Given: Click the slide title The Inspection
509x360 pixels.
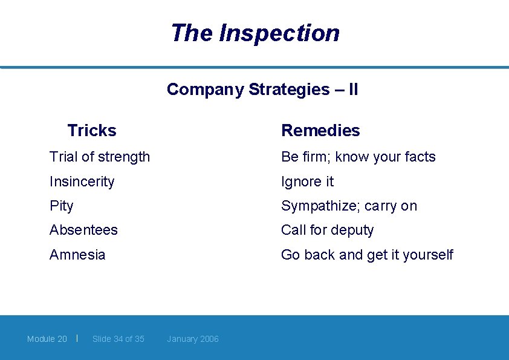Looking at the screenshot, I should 254,33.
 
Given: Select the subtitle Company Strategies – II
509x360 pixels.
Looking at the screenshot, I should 262,90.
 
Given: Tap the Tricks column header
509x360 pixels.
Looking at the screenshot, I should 92,130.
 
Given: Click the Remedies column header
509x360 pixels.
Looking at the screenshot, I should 320,130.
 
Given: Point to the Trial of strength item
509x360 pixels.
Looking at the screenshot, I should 100,157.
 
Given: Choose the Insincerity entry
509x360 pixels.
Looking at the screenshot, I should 82,182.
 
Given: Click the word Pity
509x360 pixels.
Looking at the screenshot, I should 61,206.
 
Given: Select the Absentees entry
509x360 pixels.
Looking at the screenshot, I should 83,230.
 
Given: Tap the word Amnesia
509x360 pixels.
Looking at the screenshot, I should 77,255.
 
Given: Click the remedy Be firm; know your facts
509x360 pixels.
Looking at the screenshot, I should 358,157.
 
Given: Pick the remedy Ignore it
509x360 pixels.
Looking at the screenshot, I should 307,182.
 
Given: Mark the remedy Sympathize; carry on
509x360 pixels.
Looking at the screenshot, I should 349,206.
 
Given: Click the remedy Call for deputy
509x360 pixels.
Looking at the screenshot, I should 327,230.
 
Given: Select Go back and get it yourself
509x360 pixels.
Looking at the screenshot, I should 367,255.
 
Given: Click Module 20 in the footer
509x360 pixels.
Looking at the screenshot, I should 47,339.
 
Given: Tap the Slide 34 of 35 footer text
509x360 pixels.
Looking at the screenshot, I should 118,339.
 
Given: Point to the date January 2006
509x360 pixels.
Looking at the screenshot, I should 193,339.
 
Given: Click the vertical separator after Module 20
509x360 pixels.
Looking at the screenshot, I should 77,338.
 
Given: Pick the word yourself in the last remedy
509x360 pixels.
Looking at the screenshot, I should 427,255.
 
